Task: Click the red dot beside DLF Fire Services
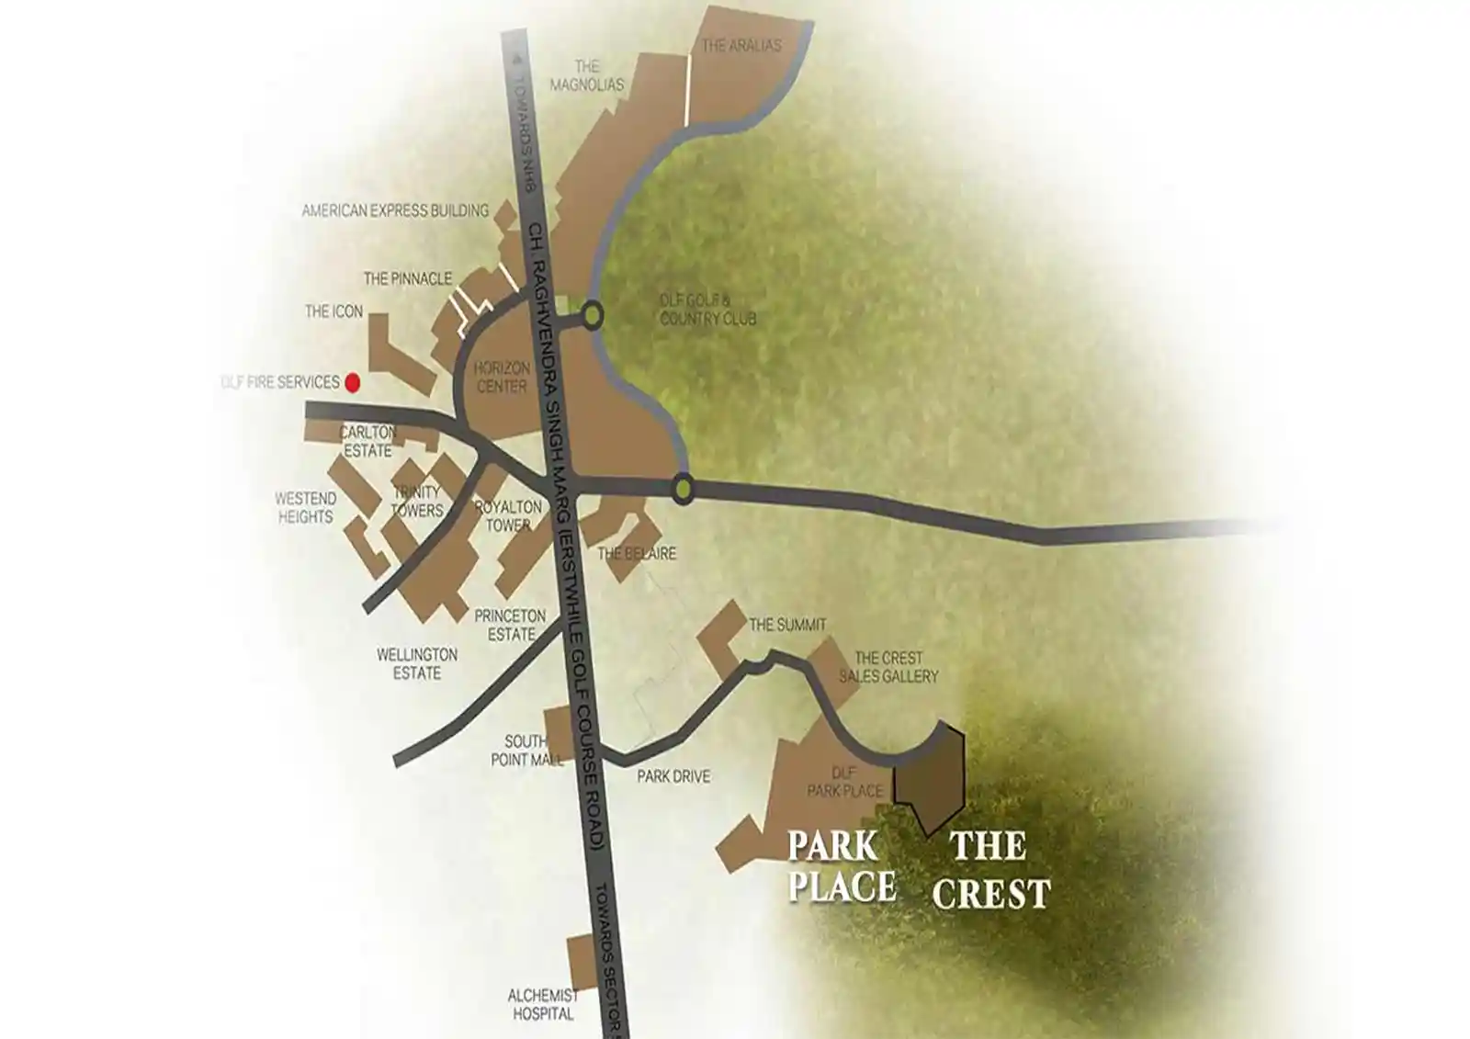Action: coord(352,382)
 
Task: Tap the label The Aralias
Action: coord(741,45)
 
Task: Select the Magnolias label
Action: coord(586,75)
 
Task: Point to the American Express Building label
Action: coord(395,210)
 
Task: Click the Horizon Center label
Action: coord(502,378)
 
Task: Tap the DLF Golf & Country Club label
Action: coord(707,310)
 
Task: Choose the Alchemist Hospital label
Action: coord(542,1004)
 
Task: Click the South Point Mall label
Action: coord(526,751)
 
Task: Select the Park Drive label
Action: coord(673,776)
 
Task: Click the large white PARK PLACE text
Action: coord(841,866)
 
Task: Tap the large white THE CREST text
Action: coord(990,869)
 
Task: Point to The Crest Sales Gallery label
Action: coord(888,667)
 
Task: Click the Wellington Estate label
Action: coord(417,663)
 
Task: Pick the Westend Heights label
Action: coord(306,507)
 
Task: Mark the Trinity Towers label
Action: coord(417,502)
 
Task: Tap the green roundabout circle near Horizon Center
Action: coord(593,316)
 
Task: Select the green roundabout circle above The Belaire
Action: coord(683,488)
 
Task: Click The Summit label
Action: coord(787,625)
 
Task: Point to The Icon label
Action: coord(334,311)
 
